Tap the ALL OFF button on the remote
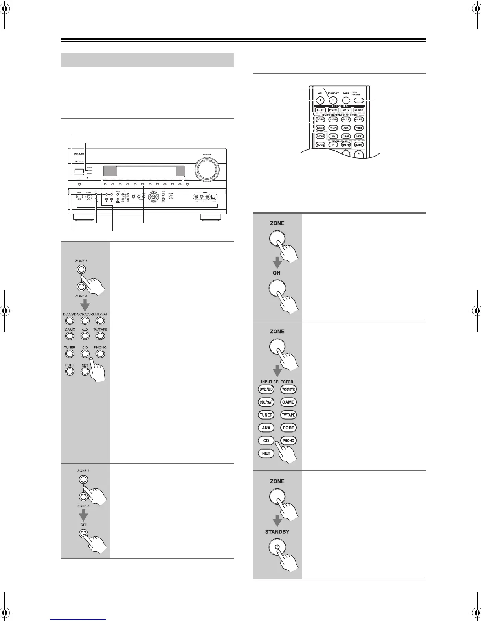(x=321, y=110)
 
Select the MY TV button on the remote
(x=346, y=110)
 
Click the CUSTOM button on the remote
(x=320, y=136)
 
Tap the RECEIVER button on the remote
(x=346, y=145)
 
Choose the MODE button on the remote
(x=320, y=145)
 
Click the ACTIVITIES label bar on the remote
(x=339, y=106)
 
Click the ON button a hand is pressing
(x=277, y=288)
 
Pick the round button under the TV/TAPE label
(x=100, y=336)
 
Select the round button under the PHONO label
(x=100, y=354)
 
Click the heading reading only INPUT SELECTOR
(x=277, y=382)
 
